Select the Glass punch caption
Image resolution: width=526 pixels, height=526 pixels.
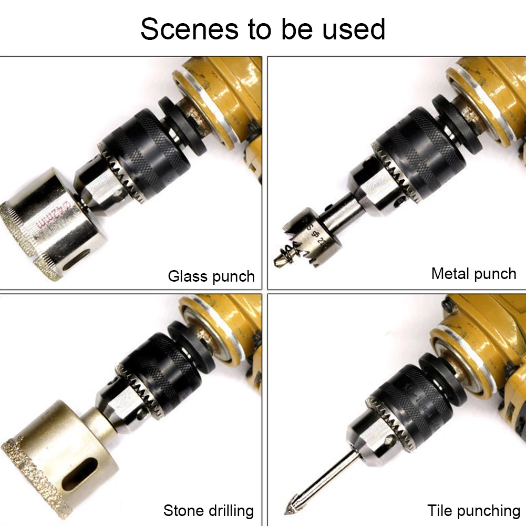(x=211, y=276)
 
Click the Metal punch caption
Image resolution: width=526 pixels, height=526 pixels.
(x=473, y=273)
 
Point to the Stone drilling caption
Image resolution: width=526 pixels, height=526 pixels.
(x=208, y=510)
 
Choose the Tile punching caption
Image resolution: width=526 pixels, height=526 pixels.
(x=473, y=510)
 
